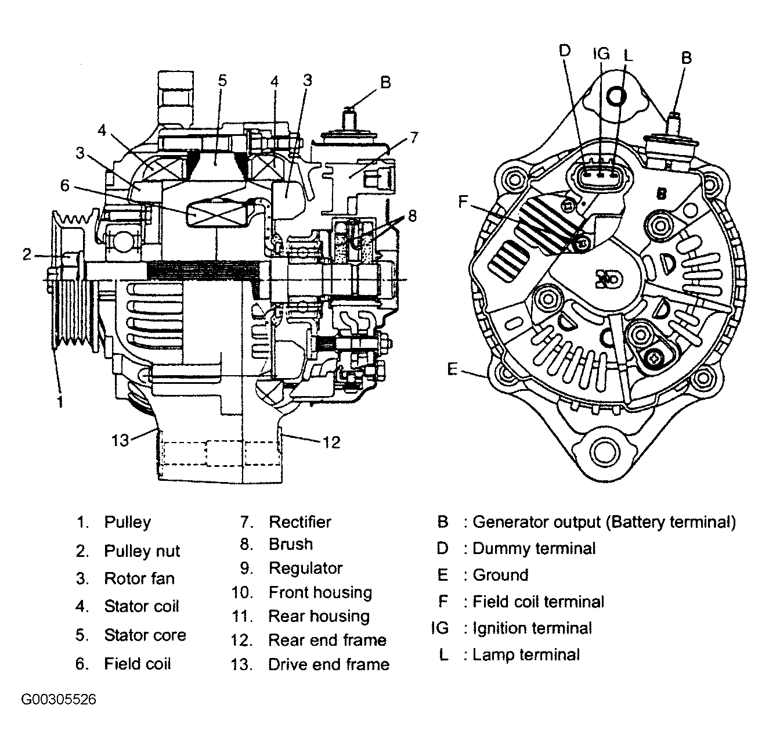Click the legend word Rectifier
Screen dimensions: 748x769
pos(299,522)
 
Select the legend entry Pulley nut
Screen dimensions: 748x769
pos(142,551)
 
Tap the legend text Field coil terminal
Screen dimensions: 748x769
pos(538,601)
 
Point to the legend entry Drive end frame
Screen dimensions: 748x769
pos(328,664)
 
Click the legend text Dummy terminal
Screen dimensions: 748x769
pos(534,548)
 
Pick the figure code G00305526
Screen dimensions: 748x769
pos(59,699)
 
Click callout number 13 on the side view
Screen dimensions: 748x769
pos(120,440)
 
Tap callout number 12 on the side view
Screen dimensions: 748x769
pos(331,442)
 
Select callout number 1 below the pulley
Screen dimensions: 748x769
pos(60,401)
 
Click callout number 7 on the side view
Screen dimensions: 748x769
pos(413,138)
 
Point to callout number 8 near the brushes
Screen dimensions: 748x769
pos(412,216)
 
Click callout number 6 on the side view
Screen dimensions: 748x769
pos(65,185)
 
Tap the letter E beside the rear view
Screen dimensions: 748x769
pos(453,368)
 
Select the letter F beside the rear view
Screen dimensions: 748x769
pos(463,202)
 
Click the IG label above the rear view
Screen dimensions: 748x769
pos(601,53)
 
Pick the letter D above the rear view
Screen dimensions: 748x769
pos(565,51)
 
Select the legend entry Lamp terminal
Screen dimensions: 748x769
pos(526,654)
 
